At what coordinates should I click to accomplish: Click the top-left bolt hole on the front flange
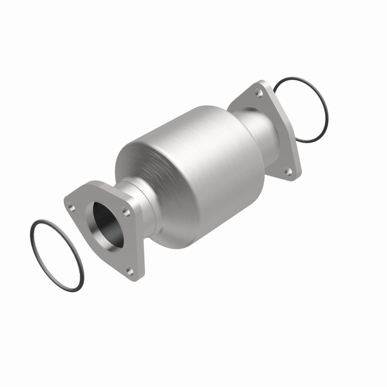pyautogui.click(x=72, y=208)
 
